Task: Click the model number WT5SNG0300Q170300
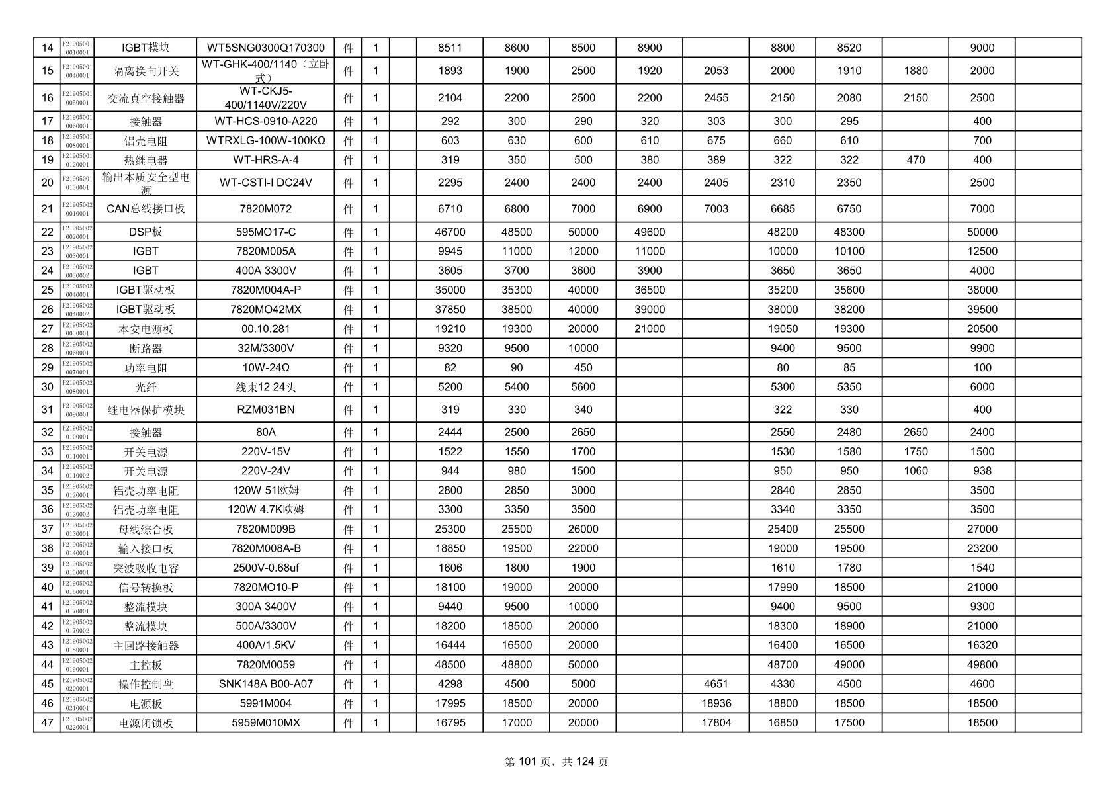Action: tap(265, 48)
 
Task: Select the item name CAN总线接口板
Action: tap(146, 209)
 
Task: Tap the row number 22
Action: tap(47, 232)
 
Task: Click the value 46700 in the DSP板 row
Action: tap(450, 232)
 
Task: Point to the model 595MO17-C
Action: tap(265, 232)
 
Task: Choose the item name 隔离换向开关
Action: tap(146, 71)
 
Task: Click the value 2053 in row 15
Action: tap(716, 71)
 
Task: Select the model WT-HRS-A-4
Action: tap(265, 160)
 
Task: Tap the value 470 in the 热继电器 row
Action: tap(916, 160)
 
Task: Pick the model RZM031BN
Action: tap(265, 410)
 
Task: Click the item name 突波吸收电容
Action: tap(146, 568)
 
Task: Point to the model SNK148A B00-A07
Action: tap(265, 684)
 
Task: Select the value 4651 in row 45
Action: tap(716, 684)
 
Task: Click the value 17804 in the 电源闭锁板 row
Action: tap(716, 723)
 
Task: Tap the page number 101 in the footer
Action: tap(527, 762)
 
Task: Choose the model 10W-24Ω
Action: tap(265, 368)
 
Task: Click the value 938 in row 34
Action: tap(982, 471)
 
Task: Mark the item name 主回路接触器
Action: tap(146, 646)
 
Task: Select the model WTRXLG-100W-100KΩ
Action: tap(265, 140)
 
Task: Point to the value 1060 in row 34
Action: tap(916, 471)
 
